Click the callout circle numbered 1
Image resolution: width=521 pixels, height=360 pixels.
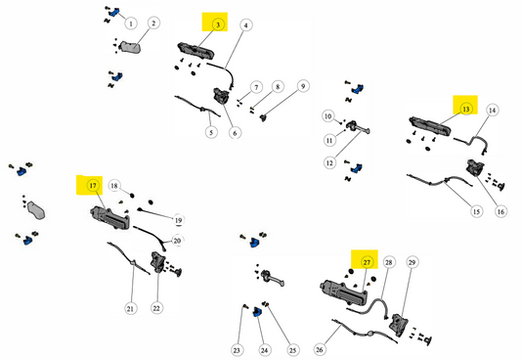(131, 23)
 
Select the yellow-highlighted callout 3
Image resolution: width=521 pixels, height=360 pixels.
(218, 24)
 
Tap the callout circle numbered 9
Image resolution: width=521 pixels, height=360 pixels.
(303, 86)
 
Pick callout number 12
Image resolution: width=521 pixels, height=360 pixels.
(329, 163)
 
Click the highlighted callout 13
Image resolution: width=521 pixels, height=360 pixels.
(466, 109)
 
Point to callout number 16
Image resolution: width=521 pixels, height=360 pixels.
(500, 211)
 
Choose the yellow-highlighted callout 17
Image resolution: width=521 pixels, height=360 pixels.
(93, 186)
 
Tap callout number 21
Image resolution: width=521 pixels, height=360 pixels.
(130, 308)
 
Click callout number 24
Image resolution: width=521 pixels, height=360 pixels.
(264, 350)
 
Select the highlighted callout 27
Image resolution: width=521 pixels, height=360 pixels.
(367, 262)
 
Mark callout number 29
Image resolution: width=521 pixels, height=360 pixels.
(412, 262)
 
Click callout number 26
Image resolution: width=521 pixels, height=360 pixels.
(320, 349)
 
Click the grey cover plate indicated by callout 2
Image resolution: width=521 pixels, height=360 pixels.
(131, 47)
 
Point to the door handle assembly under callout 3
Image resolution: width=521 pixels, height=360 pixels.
(195, 52)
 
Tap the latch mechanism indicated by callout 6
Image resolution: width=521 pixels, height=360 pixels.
(221, 96)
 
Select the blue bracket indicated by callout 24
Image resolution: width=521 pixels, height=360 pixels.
(257, 312)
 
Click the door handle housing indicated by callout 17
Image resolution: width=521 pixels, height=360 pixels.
(110, 218)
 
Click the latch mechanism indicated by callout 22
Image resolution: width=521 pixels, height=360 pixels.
(157, 262)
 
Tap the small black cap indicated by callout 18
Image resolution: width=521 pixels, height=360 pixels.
(132, 195)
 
